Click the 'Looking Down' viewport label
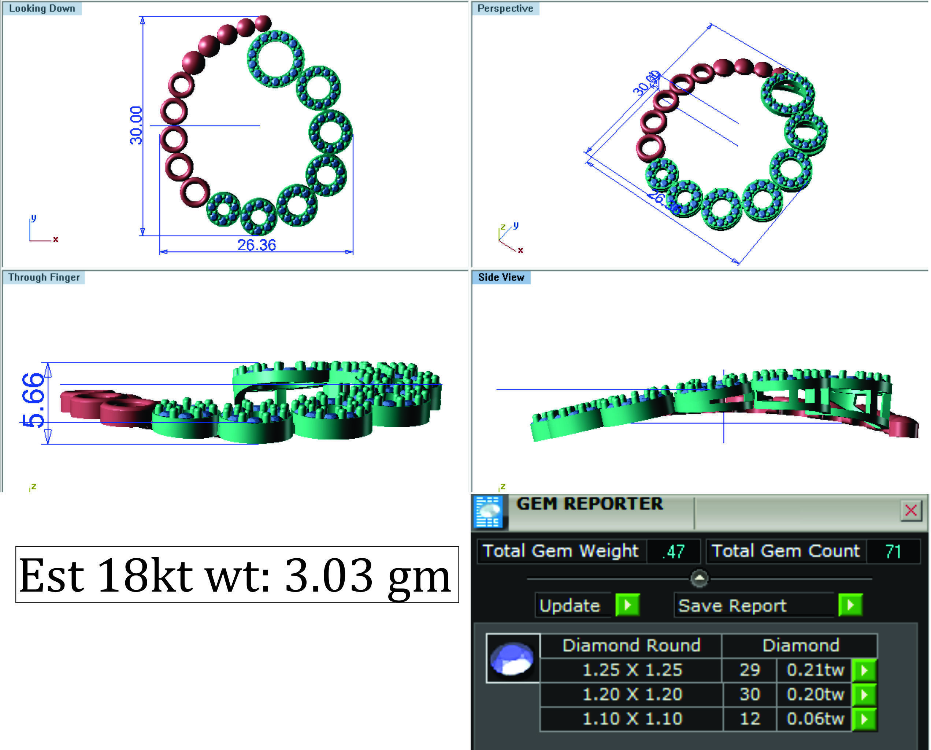point(42,9)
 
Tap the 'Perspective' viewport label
point(505,9)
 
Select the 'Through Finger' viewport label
point(44,277)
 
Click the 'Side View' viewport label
point(501,277)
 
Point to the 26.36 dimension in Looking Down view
point(256,245)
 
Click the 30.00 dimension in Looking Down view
point(136,125)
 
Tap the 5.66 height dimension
point(33,401)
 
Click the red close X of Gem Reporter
point(911,510)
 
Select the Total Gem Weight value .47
point(673,552)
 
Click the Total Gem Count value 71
point(893,552)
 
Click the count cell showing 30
point(749,694)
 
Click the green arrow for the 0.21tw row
point(864,670)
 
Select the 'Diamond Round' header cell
point(631,645)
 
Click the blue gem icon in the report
point(512,659)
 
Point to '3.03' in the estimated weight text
point(328,575)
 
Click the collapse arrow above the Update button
point(699,578)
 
